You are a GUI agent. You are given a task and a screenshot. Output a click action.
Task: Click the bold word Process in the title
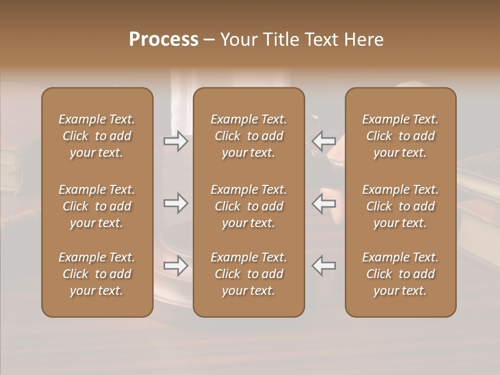click(164, 40)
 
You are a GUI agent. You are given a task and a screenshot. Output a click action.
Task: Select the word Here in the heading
click(364, 40)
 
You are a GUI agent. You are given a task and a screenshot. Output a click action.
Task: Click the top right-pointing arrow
click(176, 141)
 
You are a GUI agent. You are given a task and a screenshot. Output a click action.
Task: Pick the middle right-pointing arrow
click(176, 203)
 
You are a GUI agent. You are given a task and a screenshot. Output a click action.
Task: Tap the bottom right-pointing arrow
click(176, 266)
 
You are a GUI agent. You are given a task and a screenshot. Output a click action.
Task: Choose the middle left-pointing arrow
click(324, 203)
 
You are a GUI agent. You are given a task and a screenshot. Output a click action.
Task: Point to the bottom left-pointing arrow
click(324, 266)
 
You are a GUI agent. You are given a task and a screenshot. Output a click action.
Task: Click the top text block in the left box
click(97, 136)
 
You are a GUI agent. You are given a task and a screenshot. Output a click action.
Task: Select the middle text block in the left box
click(97, 206)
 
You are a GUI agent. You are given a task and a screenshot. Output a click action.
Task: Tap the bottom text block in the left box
click(97, 274)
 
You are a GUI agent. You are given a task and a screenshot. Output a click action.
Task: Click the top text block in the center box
click(249, 136)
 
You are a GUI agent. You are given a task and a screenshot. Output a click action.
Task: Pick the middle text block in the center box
click(249, 206)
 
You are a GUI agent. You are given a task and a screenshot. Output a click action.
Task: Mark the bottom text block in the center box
click(249, 274)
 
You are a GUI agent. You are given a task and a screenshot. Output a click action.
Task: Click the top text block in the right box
click(401, 136)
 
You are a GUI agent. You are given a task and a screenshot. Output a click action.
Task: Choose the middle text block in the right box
click(401, 206)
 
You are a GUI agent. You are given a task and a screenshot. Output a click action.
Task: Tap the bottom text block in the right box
click(401, 274)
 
